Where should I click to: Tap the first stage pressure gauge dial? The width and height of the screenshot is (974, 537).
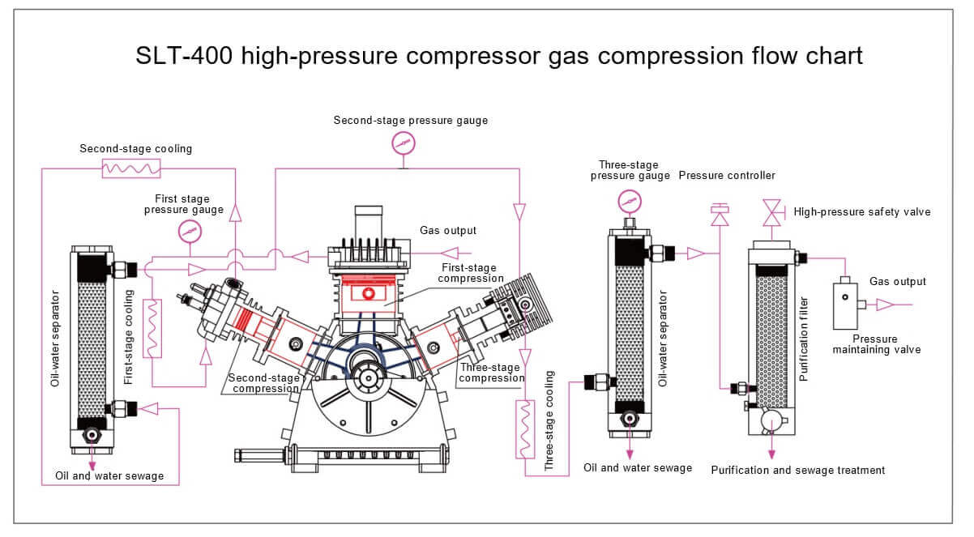point(189,232)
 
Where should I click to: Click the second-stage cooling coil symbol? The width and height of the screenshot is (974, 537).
point(131,168)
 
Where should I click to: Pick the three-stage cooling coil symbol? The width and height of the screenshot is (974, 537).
point(525,428)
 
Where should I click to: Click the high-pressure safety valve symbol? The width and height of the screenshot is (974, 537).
point(771,212)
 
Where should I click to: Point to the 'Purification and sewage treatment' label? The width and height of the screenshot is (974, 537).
point(797,470)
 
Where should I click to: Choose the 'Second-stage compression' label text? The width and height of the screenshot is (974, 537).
point(264,383)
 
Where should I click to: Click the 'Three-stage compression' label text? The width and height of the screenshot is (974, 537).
point(492,373)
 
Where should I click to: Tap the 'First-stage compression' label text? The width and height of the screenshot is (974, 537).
point(469,273)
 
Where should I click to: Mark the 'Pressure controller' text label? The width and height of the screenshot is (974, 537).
point(727,175)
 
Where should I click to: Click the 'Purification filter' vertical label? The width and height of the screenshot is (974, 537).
point(804,339)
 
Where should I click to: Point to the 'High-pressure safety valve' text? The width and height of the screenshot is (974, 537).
point(862,212)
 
